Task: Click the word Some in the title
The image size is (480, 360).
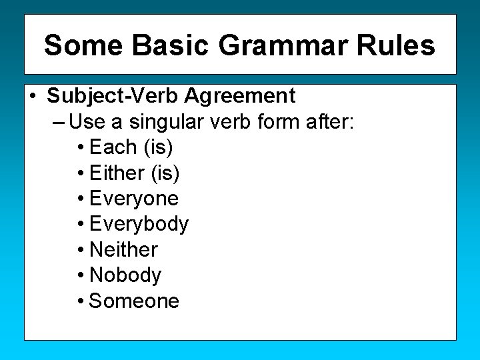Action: coord(83,45)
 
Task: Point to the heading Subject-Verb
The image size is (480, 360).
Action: coord(113,96)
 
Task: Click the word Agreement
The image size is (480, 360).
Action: coord(240,96)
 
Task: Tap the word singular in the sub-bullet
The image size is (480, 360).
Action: coord(172,121)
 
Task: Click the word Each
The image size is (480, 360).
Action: coord(113,147)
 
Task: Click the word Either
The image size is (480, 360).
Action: coord(117,173)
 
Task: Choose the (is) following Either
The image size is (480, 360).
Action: coord(165,173)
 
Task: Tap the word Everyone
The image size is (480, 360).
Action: coord(133,199)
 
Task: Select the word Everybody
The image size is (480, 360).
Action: coord(139,224)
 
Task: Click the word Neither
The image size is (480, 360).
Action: coord(123,249)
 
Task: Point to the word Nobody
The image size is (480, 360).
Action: coord(125,275)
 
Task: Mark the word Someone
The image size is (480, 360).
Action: coord(134,301)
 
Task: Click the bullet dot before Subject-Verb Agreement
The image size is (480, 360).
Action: coord(33,97)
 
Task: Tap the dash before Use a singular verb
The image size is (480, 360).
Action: coord(57,122)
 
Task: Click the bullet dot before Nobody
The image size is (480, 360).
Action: coord(80,275)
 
